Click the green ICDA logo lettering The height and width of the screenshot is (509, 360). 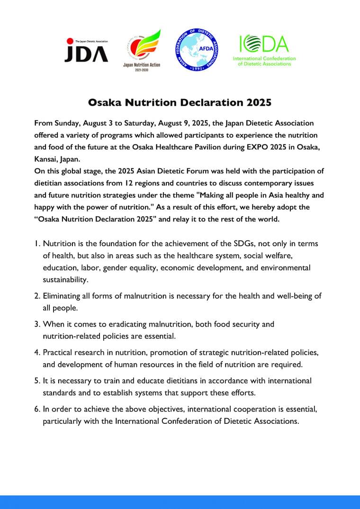point(264,44)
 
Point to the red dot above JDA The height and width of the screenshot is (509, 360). point(69,41)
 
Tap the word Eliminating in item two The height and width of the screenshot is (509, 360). point(63,296)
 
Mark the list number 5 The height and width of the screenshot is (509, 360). point(37,381)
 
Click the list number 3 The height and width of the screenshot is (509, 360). point(37,324)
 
